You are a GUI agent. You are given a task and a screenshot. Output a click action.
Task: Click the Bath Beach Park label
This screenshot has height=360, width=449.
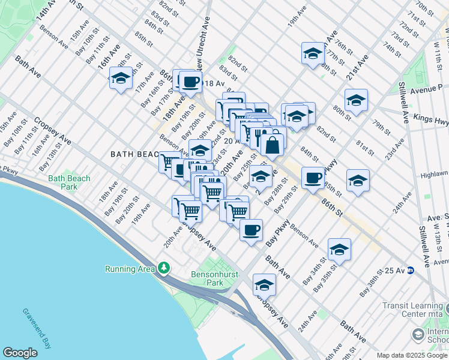click(x=69, y=182)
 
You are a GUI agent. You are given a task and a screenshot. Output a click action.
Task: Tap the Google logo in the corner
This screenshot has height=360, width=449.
click(x=20, y=353)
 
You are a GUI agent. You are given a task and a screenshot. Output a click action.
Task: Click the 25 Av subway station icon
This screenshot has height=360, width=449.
click(x=410, y=270)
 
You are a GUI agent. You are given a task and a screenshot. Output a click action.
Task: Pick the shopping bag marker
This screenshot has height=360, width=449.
click(x=272, y=145)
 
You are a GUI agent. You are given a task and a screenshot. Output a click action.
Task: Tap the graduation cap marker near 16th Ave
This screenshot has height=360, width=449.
click(x=121, y=79)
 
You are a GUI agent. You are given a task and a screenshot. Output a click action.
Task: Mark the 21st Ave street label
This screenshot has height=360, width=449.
click(x=355, y=68)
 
